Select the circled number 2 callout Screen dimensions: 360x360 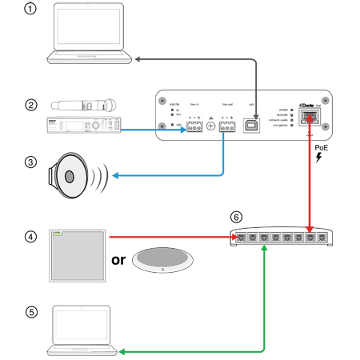[31, 104]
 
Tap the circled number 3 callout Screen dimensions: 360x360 [31, 162]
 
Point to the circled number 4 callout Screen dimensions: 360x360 [31, 237]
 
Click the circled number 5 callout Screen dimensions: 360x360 [31, 313]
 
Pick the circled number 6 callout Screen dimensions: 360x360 [234, 217]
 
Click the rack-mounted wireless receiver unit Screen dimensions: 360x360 [84, 126]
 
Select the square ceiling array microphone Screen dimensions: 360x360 [77, 255]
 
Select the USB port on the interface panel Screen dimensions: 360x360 [252, 124]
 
